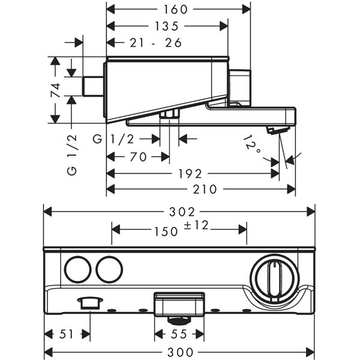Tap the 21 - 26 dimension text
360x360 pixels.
[x=155, y=43]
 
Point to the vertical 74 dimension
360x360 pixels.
[x=55, y=90]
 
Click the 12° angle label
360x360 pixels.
[x=253, y=146]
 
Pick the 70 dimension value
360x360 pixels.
[x=139, y=157]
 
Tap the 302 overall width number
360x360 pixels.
[x=181, y=212]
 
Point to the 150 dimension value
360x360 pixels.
[x=166, y=231]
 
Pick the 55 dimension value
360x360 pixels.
[x=179, y=334]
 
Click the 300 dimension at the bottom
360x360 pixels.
[x=180, y=350]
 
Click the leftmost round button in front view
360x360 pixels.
[x=77, y=270]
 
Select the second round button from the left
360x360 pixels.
[x=108, y=270]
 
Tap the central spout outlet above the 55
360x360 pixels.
[x=179, y=303]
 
